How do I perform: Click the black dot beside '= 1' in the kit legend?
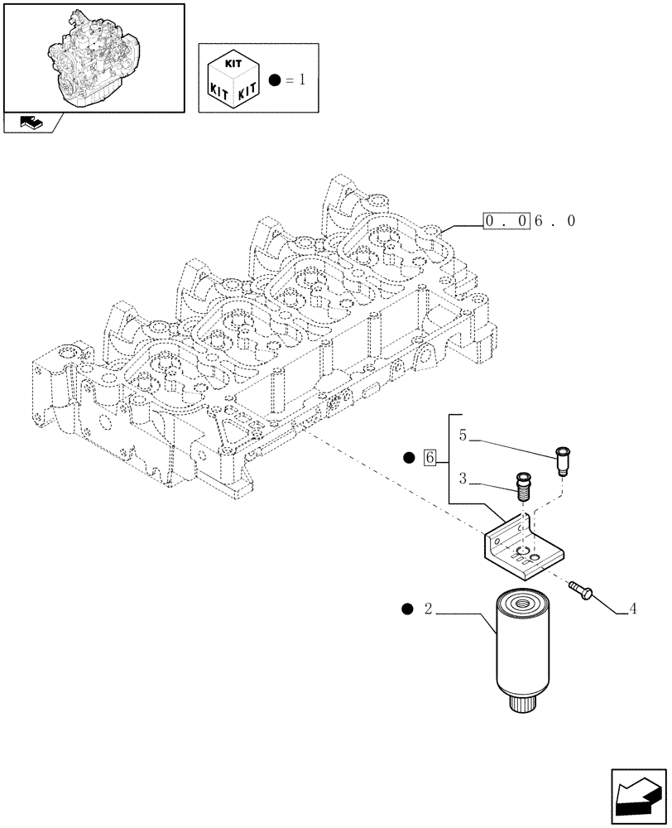click(276, 80)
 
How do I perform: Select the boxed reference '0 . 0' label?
click(506, 221)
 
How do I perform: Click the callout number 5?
click(463, 435)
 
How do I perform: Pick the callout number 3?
click(463, 479)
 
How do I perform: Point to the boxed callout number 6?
click(429, 457)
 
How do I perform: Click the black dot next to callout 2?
click(406, 610)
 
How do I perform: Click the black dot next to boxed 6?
click(408, 457)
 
